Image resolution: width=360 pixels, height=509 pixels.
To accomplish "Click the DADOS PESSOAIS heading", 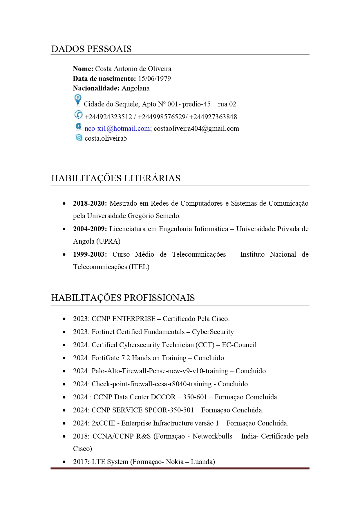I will [91, 49].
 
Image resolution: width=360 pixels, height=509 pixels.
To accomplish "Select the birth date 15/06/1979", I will [154, 79].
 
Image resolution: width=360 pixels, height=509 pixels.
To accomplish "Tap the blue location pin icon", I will [78, 100].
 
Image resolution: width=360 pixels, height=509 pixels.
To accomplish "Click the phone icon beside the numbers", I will [78, 115].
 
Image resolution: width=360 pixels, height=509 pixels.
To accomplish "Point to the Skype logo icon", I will [79, 137].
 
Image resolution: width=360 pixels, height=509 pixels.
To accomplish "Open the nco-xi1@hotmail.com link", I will [117, 128].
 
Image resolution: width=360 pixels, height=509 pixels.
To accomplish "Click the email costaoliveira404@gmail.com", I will [196, 128].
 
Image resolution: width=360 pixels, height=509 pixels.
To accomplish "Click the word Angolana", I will [135, 88].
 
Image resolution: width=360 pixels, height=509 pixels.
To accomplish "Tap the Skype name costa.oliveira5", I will [106, 138].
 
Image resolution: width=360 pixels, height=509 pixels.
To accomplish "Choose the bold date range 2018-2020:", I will [90, 203].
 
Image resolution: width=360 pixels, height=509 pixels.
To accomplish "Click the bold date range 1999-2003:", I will [90, 254].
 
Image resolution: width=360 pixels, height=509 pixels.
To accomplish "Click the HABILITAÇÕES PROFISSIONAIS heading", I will [123, 298].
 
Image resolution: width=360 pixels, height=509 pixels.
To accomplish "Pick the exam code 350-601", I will [195, 397].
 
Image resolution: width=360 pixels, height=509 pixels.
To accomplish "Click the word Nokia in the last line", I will [174, 462].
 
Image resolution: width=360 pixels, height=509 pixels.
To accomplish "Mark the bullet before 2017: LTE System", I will [64, 462].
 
